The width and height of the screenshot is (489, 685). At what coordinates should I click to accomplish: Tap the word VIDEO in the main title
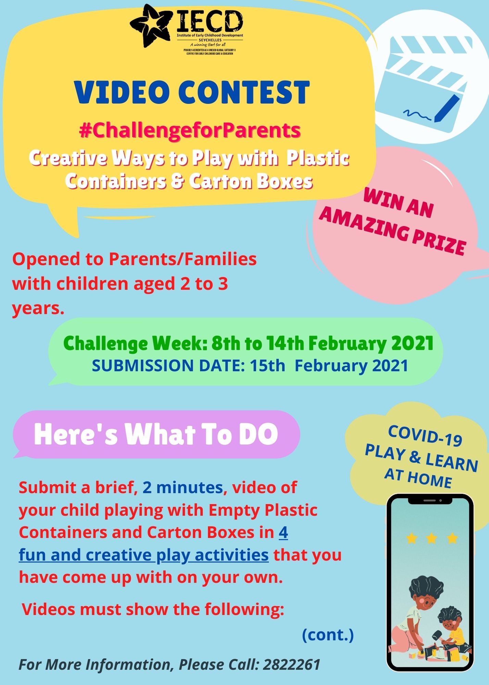(122, 92)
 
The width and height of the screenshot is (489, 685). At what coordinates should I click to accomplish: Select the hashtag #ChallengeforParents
(190, 130)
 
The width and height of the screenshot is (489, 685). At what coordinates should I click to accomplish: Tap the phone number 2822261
(292, 665)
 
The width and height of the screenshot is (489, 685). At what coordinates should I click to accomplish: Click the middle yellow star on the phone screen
(431, 538)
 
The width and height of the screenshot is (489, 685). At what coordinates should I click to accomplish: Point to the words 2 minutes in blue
(183, 487)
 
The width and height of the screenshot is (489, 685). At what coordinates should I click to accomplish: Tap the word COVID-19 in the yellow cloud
(425, 436)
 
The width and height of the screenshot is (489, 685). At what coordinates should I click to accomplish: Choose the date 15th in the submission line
(267, 365)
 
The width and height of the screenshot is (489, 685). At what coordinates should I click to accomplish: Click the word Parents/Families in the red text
(183, 259)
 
